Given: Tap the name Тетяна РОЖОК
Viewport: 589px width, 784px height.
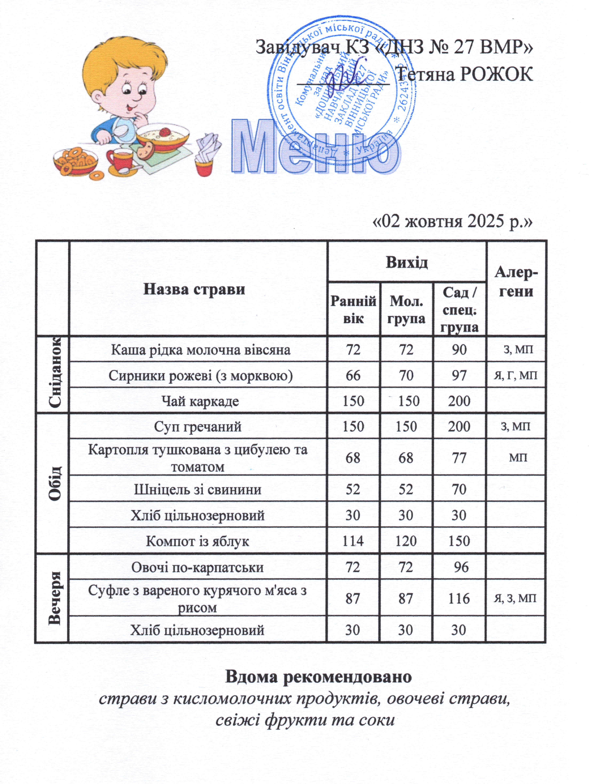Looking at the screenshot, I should pyautogui.click(x=464, y=74).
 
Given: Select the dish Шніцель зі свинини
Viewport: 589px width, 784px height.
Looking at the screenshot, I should pyautogui.click(x=198, y=489).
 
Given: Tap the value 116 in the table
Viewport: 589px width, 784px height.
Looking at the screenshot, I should pyautogui.click(x=459, y=599).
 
